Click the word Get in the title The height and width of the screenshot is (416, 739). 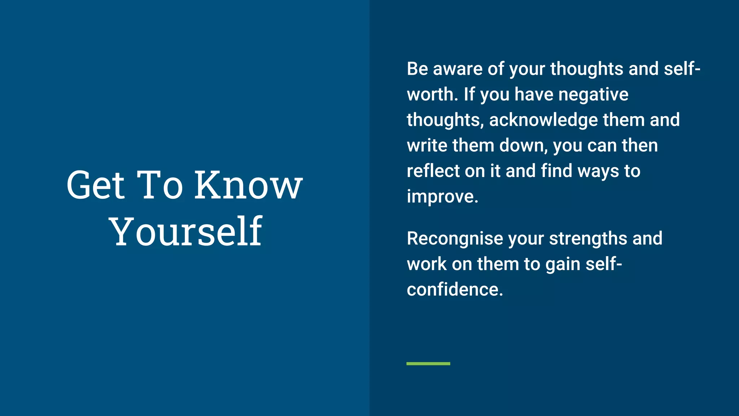(x=95, y=185)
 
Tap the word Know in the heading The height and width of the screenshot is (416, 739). (x=248, y=185)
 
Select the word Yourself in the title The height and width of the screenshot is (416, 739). (x=185, y=231)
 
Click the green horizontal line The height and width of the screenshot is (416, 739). (x=428, y=364)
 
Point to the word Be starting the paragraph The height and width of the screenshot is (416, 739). (x=417, y=69)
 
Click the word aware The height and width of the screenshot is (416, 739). (x=457, y=69)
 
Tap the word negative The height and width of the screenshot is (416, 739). (x=593, y=95)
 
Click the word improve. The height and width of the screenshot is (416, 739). (x=442, y=197)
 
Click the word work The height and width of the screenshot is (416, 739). (x=427, y=264)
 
